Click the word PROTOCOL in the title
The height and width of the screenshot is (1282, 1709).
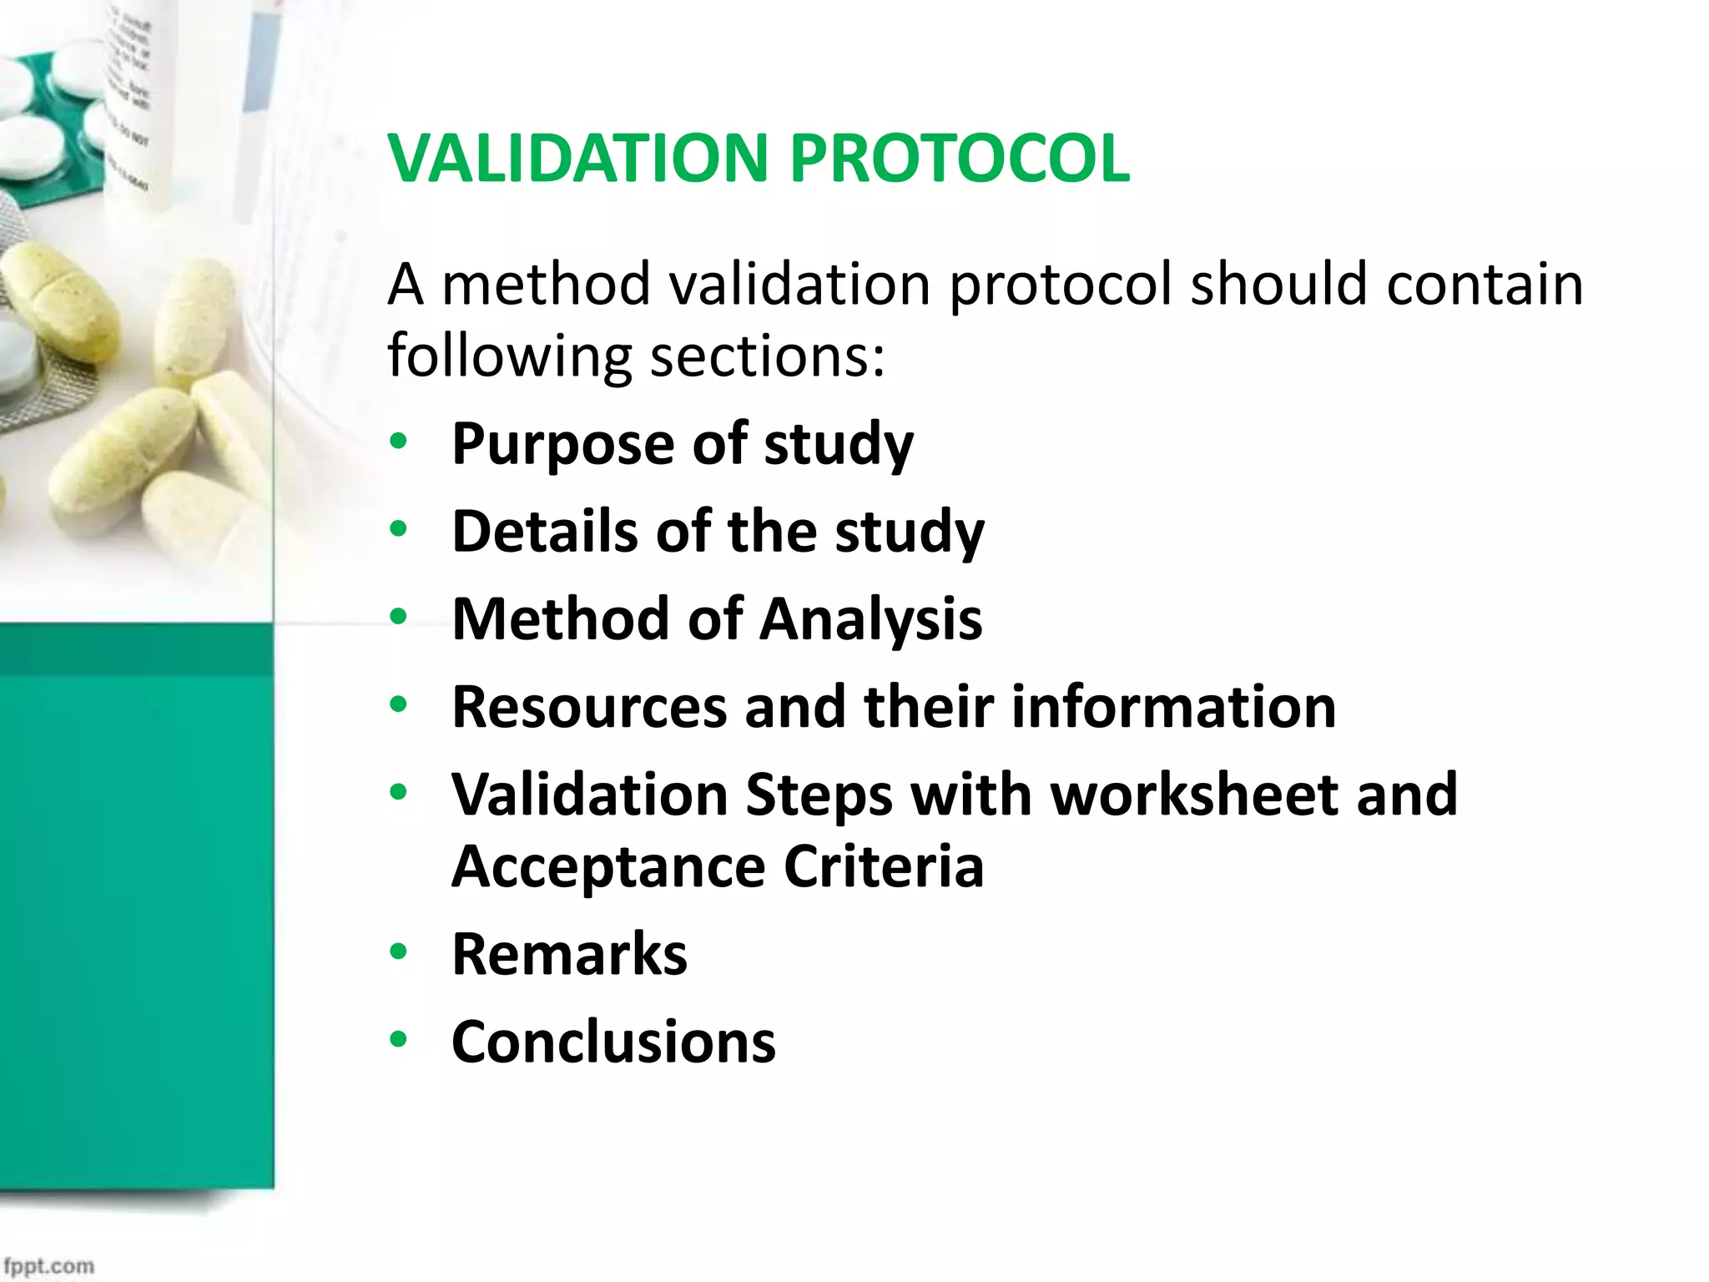pyautogui.click(x=960, y=159)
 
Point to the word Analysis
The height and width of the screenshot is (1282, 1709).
pyautogui.click(x=871, y=620)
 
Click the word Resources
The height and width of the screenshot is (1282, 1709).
pyautogui.click(x=589, y=708)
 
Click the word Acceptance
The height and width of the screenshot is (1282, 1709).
pyautogui.click(x=608, y=867)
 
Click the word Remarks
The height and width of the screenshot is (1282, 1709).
pyautogui.click(x=569, y=955)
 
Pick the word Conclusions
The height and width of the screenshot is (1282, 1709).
pyautogui.click(x=613, y=1042)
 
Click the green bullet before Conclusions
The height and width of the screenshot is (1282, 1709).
pyautogui.click(x=398, y=1040)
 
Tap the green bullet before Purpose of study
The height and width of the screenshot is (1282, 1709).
pyautogui.click(x=398, y=442)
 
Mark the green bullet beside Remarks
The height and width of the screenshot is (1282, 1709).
pyautogui.click(x=398, y=951)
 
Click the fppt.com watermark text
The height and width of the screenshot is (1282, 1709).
pyautogui.click(x=48, y=1265)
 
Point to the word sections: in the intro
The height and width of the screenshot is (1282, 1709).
pyautogui.click(x=767, y=357)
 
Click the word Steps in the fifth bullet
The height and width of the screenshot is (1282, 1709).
pyautogui.click(x=819, y=796)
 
